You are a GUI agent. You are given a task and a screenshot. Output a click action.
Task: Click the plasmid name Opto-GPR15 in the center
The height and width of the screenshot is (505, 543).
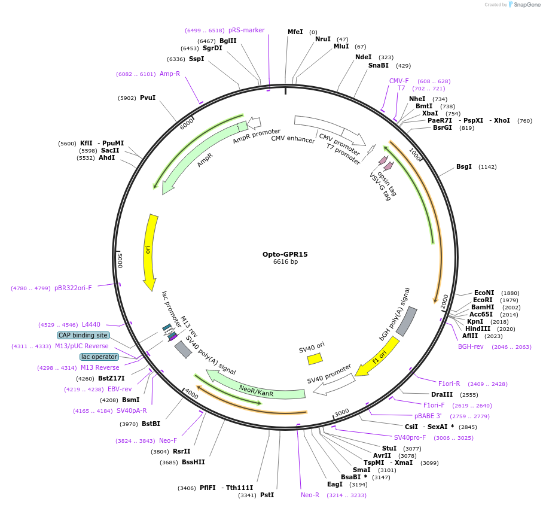(x=285, y=254)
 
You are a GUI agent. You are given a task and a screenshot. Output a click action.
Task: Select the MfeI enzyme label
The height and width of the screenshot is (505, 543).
(x=295, y=32)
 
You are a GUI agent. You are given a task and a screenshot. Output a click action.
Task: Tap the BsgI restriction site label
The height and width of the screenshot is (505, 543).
(x=464, y=166)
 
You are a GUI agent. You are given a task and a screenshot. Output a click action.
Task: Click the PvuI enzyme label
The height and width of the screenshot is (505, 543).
(x=147, y=98)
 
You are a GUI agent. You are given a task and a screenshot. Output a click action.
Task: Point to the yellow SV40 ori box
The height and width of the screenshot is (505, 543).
(x=315, y=358)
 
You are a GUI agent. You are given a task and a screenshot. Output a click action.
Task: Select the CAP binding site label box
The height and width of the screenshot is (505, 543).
(x=83, y=335)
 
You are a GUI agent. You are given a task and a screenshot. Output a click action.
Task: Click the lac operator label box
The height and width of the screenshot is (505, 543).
(x=99, y=357)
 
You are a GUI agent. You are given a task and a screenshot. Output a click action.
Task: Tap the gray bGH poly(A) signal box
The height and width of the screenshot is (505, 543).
(x=407, y=322)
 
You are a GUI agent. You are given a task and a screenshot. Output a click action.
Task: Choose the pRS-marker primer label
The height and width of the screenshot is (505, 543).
(x=246, y=30)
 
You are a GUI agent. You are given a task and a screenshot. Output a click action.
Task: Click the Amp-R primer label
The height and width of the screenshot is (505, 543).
(x=170, y=74)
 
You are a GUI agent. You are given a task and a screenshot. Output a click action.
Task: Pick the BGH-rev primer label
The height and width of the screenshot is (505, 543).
(x=471, y=346)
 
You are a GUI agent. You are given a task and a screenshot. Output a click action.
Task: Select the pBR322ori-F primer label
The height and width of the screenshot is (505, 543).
(x=73, y=288)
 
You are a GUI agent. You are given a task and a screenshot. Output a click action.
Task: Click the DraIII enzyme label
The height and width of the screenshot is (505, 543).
(x=442, y=394)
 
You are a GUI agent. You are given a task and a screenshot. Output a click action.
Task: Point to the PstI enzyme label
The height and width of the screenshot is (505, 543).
(x=267, y=495)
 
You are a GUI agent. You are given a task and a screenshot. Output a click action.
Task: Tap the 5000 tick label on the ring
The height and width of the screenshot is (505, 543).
(x=120, y=260)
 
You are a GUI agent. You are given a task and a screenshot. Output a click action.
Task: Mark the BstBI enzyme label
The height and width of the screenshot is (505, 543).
(x=151, y=424)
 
